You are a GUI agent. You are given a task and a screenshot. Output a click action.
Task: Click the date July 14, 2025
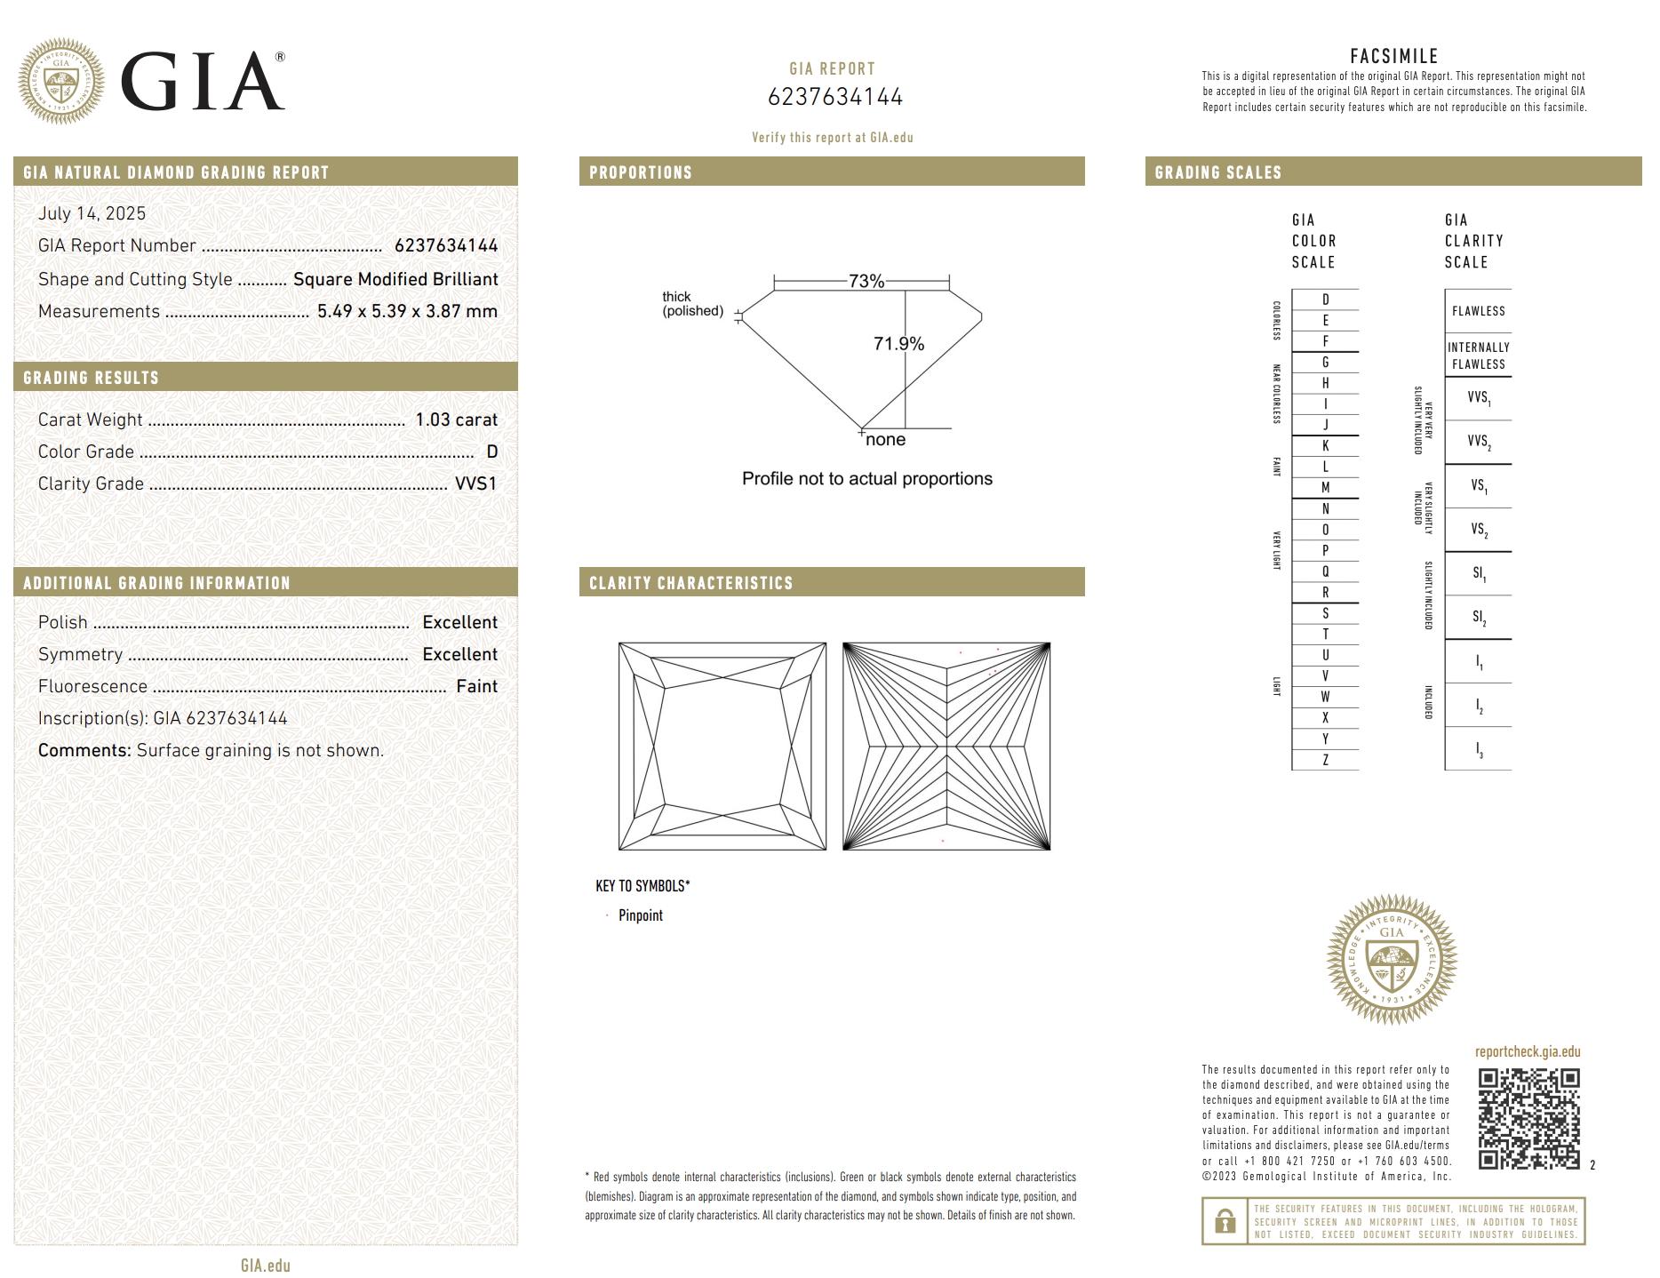(x=92, y=213)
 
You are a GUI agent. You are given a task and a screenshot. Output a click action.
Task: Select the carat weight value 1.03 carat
(x=456, y=419)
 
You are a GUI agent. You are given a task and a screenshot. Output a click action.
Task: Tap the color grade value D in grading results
(x=491, y=451)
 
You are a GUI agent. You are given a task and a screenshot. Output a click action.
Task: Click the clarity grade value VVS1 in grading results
(x=475, y=483)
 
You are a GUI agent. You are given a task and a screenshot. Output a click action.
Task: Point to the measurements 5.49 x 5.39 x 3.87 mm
(x=407, y=311)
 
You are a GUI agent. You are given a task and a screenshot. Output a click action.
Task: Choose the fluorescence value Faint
(x=476, y=686)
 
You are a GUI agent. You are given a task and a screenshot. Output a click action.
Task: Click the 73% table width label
(x=866, y=282)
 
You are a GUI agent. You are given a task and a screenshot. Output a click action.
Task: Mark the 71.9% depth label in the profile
(x=898, y=344)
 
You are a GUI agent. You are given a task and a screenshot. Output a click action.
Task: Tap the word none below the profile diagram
(x=885, y=440)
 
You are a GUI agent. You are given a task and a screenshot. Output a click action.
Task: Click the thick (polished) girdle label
(x=692, y=304)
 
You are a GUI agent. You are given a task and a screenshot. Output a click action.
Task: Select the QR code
(x=1528, y=1119)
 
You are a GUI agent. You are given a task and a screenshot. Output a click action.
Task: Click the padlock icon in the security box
(x=1225, y=1221)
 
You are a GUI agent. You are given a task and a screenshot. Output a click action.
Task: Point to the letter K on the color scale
(x=1325, y=446)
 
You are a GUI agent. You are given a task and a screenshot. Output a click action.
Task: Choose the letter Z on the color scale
(x=1325, y=760)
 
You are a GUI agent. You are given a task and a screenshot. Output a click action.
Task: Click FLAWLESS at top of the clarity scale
(x=1478, y=311)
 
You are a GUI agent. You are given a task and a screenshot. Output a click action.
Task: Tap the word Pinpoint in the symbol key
(x=641, y=915)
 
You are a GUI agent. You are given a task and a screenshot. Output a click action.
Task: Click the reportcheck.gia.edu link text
(x=1527, y=1052)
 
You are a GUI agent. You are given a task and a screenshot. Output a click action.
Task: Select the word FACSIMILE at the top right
(x=1393, y=57)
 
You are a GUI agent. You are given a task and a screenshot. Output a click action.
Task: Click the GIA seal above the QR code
(x=1392, y=959)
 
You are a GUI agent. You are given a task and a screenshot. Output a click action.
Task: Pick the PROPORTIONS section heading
(x=640, y=172)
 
